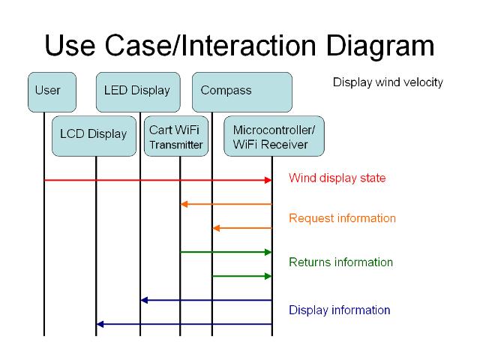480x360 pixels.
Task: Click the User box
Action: pyautogui.click(x=52, y=92)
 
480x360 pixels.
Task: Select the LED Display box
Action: pyautogui.click(x=138, y=92)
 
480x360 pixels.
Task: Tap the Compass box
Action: pyautogui.click(x=242, y=92)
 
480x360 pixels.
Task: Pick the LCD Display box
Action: pyautogui.click(x=94, y=136)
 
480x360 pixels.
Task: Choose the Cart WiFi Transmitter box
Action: pyautogui.click(x=176, y=136)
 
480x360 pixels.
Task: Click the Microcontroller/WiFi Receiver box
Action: pyautogui.click(x=274, y=136)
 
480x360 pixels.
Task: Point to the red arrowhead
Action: pyautogui.click(x=268, y=180)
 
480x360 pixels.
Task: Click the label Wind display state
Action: pyautogui.click(x=337, y=178)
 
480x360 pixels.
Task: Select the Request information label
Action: pyautogui.click(x=342, y=218)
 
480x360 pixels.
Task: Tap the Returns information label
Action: pyautogui.click(x=340, y=262)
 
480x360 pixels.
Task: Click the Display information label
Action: pyautogui.click(x=340, y=310)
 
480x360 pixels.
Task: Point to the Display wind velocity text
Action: pyautogui.click(x=388, y=82)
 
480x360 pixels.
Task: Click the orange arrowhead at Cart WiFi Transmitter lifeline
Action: pyautogui.click(x=184, y=204)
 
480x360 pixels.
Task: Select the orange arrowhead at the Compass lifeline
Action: pyautogui.click(x=216, y=228)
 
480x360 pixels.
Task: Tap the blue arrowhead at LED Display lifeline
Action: pyautogui.click(x=144, y=300)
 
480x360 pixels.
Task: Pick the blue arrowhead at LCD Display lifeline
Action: pyautogui.click(x=100, y=324)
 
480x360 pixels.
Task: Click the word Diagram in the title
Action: pyautogui.click(x=380, y=46)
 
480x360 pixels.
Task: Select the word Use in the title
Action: pyautogui.click(x=70, y=45)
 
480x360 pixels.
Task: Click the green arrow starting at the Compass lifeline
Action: pyautogui.click(x=241, y=277)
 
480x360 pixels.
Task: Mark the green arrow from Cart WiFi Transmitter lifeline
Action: pyautogui.click(x=226, y=252)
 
